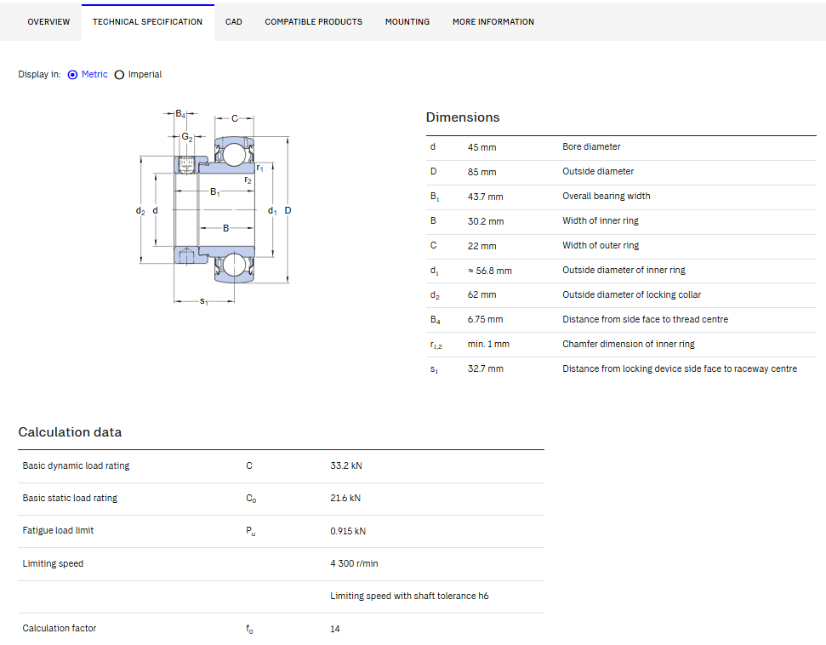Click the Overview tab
click(48, 21)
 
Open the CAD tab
click(233, 21)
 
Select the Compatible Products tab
click(313, 21)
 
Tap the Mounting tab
click(407, 21)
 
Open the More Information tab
click(493, 21)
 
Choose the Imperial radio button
click(120, 75)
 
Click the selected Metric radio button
click(72, 75)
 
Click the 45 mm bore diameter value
click(481, 147)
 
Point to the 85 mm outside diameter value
click(481, 173)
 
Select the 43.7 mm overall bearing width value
click(485, 197)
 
